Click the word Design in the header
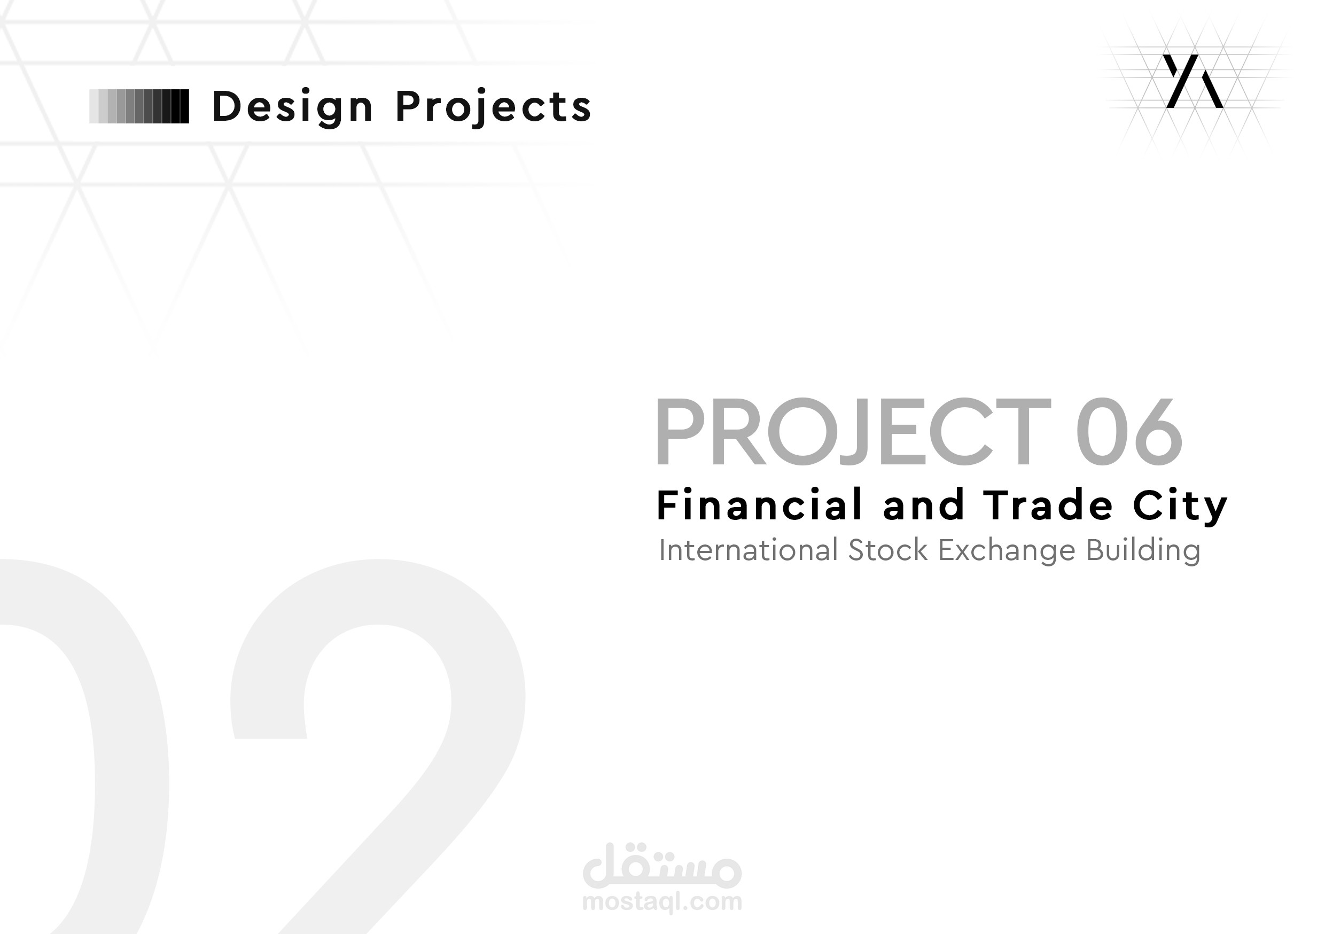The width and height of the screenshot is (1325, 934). [x=293, y=107]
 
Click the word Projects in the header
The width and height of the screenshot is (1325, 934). [x=494, y=107]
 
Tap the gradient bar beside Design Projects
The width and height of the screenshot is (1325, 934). [x=139, y=106]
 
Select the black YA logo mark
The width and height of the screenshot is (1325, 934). [x=1192, y=81]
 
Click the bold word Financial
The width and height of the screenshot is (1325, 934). [x=759, y=505]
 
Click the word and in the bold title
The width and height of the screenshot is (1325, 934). [x=923, y=505]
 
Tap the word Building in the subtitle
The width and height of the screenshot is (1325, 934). [x=1143, y=551]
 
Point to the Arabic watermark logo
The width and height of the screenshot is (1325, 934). [x=662, y=867]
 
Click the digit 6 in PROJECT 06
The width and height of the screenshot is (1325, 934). [x=1158, y=431]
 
